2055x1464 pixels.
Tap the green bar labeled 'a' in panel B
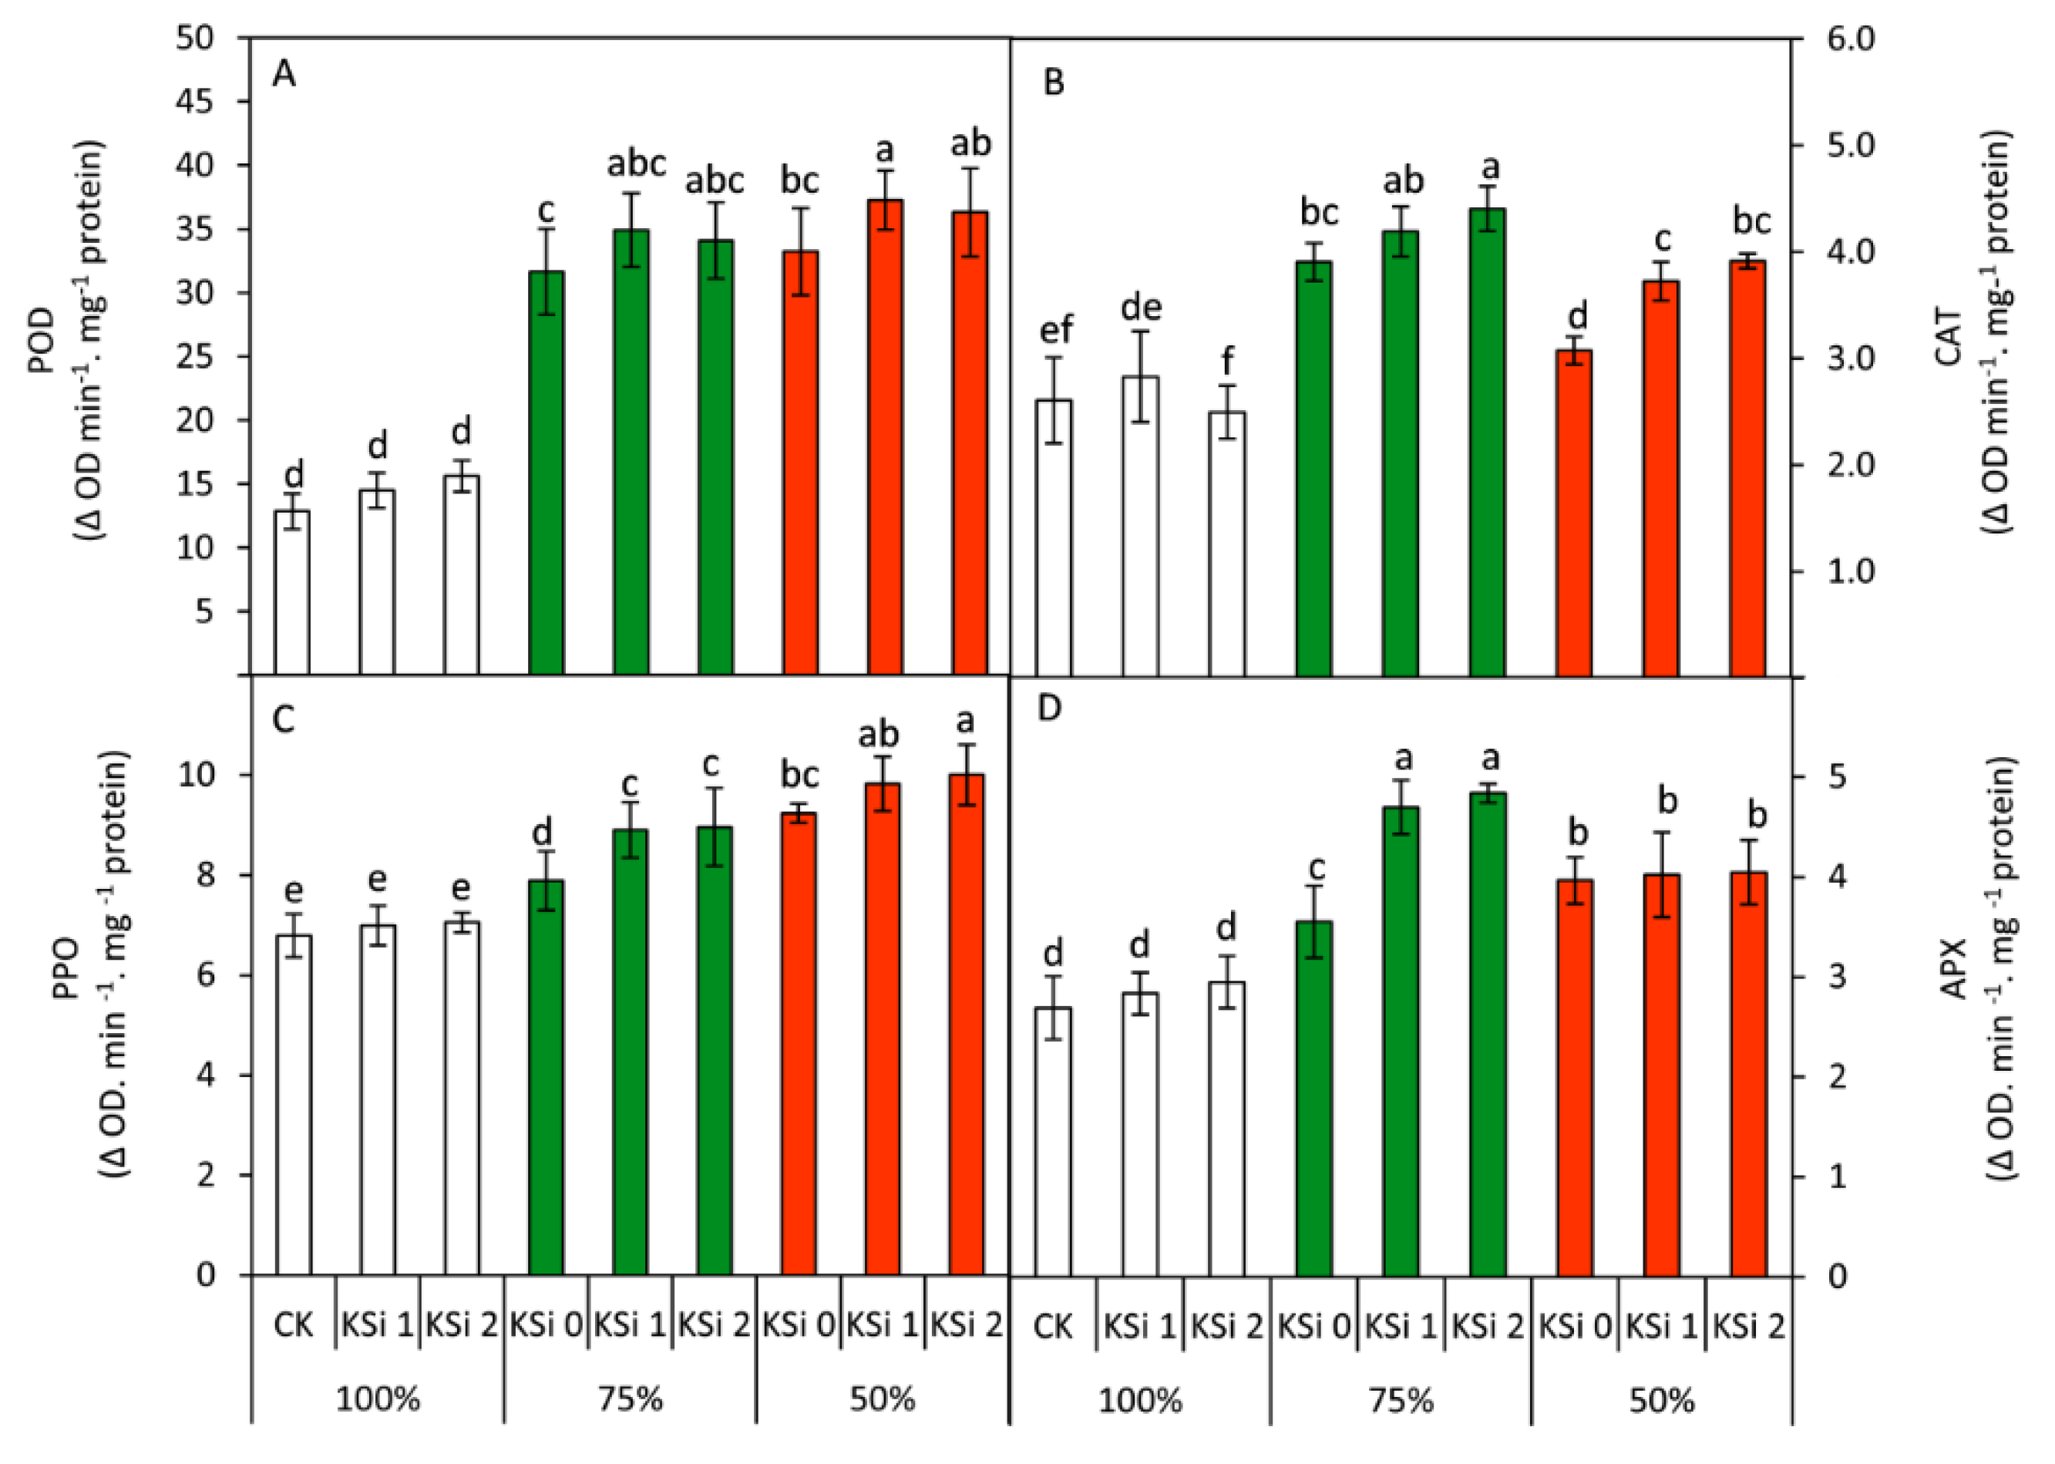tap(1487, 442)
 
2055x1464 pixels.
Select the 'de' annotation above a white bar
tap(1141, 308)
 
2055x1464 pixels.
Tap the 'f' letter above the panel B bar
tap(1226, 362)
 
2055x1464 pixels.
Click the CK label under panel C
tap(293, 1326)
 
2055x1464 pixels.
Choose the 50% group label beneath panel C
tap(882, 1400)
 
